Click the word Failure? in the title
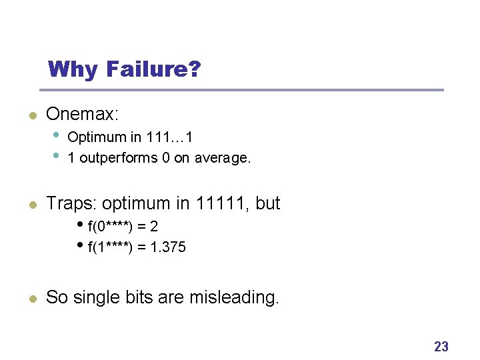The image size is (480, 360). tap(152, 69)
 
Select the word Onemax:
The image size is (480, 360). tap(82, 114)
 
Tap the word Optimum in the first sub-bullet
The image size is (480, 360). tap(97, 137)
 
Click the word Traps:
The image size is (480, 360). tap(72, 203)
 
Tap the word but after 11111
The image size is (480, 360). tap(267, 203)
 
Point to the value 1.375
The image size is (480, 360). tap(169, 247)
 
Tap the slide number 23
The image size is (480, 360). tap(441, 346)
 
